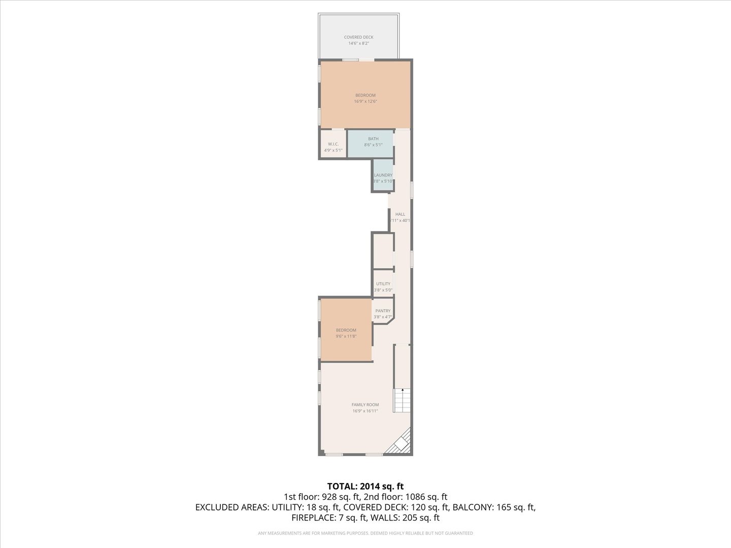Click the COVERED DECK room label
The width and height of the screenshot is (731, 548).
[358, 37]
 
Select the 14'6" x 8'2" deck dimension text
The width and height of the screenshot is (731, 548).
[358, 44]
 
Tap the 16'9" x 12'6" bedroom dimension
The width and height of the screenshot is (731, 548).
[365, 101]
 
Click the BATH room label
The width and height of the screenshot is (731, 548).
[373, 139]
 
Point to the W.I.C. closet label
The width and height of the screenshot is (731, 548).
[333, 144]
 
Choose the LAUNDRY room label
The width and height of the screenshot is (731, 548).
[383, 175]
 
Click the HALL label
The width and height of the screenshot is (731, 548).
[400, 214]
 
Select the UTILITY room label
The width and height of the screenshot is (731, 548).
[383, 284]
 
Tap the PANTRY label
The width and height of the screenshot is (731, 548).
[383, 311]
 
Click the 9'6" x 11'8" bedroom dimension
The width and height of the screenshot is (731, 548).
[346, 336]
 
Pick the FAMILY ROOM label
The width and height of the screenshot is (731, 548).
[365, 405]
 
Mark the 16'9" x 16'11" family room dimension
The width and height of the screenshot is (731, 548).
[365, 411]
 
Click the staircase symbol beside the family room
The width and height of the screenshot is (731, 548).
[402, 400]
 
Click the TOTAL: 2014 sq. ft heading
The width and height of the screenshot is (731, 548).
[365, 487]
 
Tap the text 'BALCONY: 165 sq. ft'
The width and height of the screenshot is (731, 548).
[494, 507]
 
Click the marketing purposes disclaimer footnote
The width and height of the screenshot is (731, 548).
[365, 533]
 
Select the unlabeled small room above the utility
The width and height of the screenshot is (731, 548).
[383, 251]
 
